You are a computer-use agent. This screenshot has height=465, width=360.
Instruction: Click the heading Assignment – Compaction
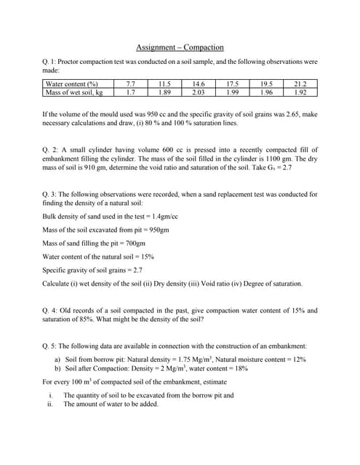[x=180, y=48]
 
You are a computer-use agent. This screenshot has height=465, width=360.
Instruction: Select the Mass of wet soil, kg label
[x=74, y=92]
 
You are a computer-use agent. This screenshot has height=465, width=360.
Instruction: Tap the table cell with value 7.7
[x=130, y=84]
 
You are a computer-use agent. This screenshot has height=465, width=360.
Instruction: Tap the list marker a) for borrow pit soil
[x=57, y=359]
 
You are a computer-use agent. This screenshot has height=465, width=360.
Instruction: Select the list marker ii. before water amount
[x=49, y=404]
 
